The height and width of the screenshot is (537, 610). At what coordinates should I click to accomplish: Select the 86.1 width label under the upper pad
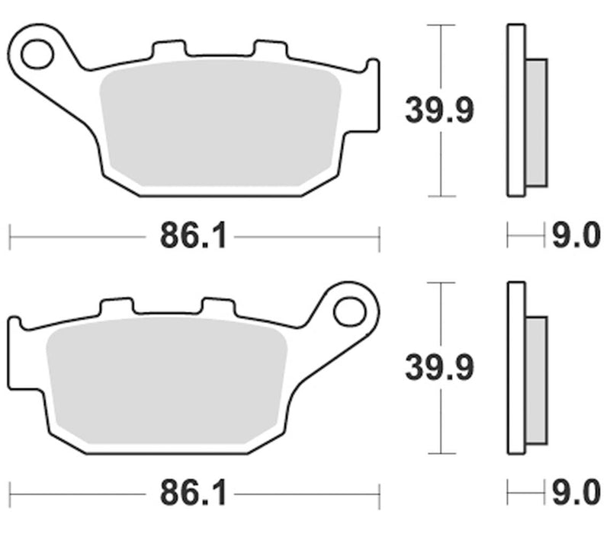point(193,237)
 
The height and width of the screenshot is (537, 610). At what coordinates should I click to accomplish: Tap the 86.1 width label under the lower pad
point(193,494)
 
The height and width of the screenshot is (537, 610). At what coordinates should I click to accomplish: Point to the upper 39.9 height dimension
point(438,112)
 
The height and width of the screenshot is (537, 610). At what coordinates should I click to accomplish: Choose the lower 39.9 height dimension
point(438,369)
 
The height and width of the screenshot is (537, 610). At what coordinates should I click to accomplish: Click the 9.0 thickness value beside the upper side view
point(576,237)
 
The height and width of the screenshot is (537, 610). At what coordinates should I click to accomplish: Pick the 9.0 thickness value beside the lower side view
point(576,494)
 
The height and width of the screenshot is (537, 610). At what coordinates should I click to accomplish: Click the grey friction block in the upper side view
point(536,122)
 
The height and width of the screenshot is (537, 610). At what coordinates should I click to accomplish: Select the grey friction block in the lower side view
point(536,379)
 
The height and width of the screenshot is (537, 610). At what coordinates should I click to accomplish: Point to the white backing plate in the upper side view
point(515,110)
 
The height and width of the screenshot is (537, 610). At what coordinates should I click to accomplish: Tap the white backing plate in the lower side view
point(515,368)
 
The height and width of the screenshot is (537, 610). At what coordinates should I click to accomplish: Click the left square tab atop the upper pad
point(170,50)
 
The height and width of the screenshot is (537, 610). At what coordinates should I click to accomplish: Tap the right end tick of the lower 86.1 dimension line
point(379,494)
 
